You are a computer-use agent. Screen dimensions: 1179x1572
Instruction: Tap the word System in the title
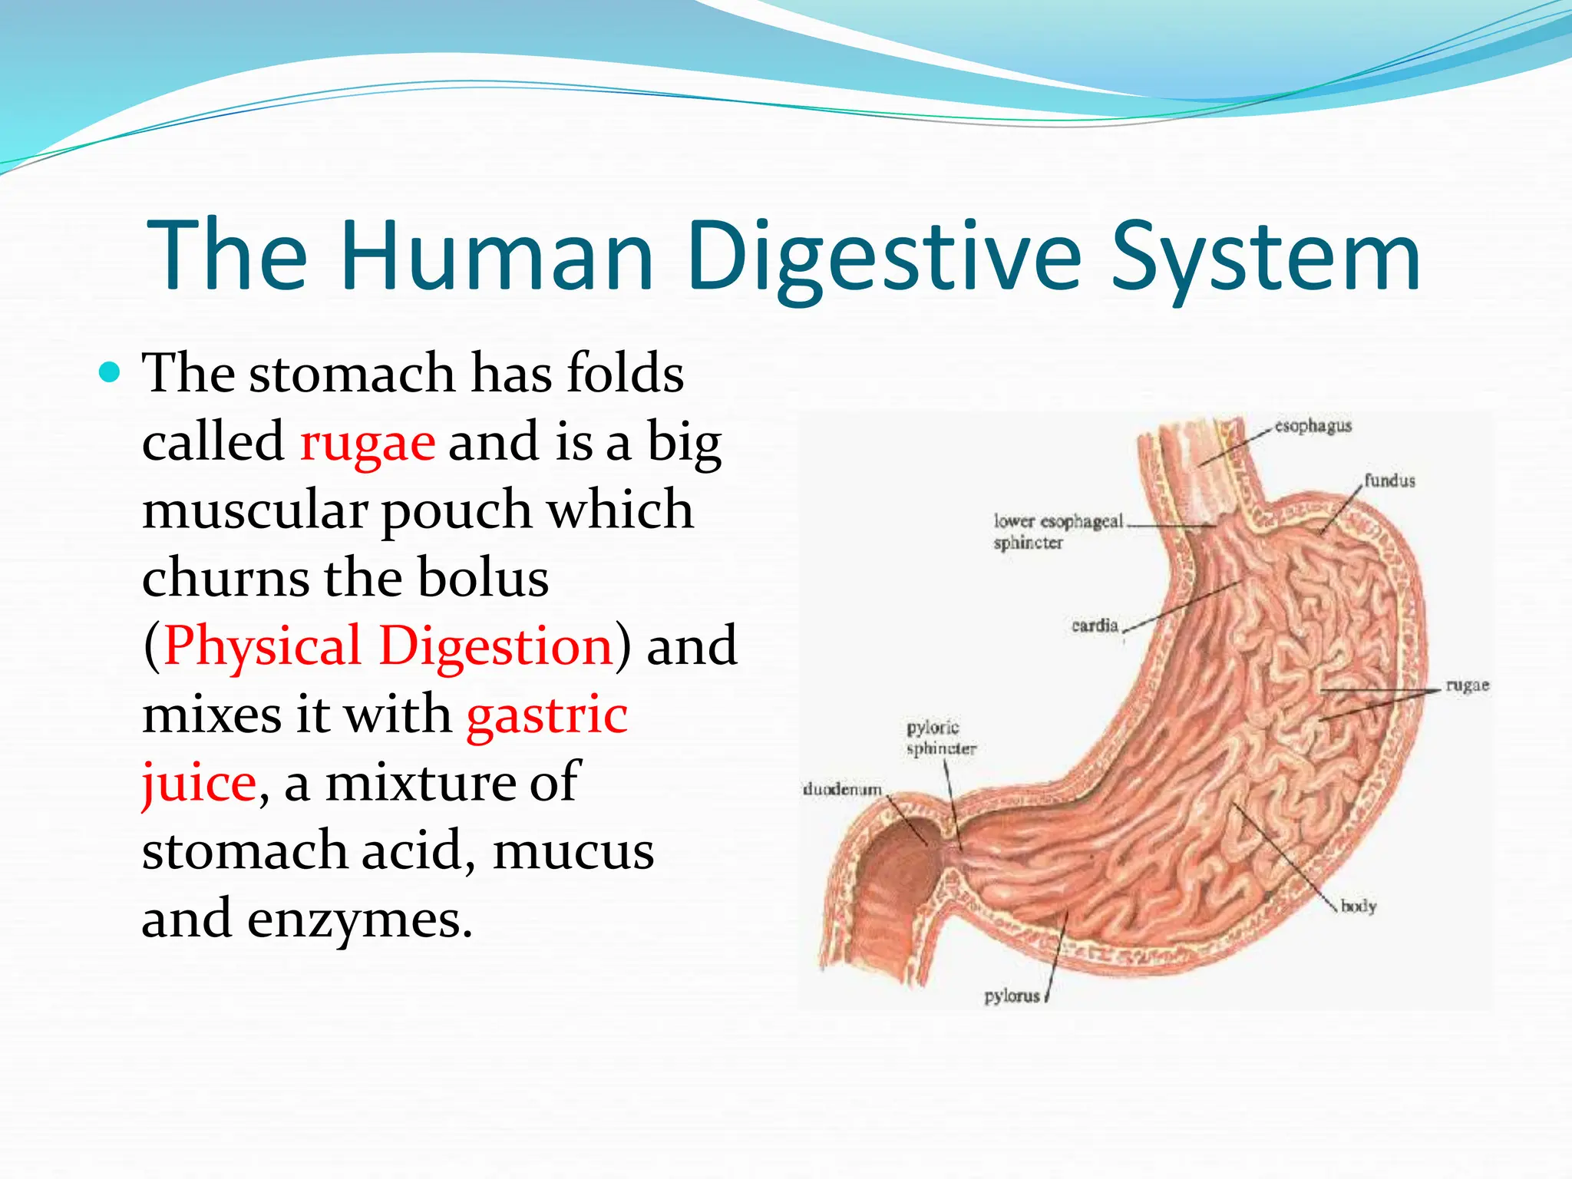(x=1266, y=257)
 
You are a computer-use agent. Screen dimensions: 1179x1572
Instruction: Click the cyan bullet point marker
(x=111, y=373)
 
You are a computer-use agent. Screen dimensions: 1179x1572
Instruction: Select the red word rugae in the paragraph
(x=367, y=443)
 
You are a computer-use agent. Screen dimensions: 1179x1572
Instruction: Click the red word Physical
(x=262, y=646)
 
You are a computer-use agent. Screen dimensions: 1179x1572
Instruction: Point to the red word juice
(x=198, y=782)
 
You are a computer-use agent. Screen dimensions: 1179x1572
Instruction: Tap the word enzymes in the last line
(x=358, y=919)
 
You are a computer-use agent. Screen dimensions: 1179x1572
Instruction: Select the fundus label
(x=1389, y=481)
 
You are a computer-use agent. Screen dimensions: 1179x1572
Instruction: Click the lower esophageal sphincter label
(x=1057, y=531)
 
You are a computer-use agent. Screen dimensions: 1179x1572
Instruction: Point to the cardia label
(x=1095, y=626)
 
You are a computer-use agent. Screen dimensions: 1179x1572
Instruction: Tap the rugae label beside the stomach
(x=1467, y=685)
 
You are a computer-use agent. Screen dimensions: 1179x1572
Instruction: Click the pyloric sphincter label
(x=940, y=738)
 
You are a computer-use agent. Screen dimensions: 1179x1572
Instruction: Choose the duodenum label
(x=841, y=790)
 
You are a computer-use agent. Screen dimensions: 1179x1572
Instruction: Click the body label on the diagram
(x=1358, y=907)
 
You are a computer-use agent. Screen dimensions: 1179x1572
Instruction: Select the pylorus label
(x=1012, y=996)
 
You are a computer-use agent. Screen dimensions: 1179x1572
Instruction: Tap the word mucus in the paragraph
(x=573, y=850)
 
